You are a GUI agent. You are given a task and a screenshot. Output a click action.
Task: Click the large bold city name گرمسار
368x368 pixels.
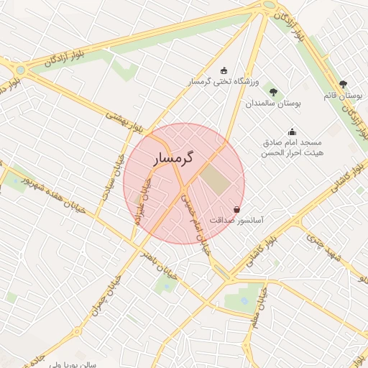pyautogui.click(x=176, y=157)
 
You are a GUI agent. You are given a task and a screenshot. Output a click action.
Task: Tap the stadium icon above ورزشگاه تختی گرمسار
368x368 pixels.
pyautogui.click(x=224, y=70)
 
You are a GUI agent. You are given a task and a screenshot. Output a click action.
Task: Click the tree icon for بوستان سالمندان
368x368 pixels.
pyautogui.click(x=273, y=91)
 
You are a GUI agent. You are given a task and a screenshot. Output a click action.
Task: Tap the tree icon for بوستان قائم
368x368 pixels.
pyautogui.click(x=343, y=84)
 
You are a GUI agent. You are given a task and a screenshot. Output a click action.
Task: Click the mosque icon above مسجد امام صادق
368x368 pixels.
pyautogui.click(x=292, y=132)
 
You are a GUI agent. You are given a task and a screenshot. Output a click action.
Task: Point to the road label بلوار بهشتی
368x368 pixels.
pyautogui.click(x=125, y=121)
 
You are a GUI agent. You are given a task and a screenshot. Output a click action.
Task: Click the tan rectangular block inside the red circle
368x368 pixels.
pyautogui.click(x=215, y=179)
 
